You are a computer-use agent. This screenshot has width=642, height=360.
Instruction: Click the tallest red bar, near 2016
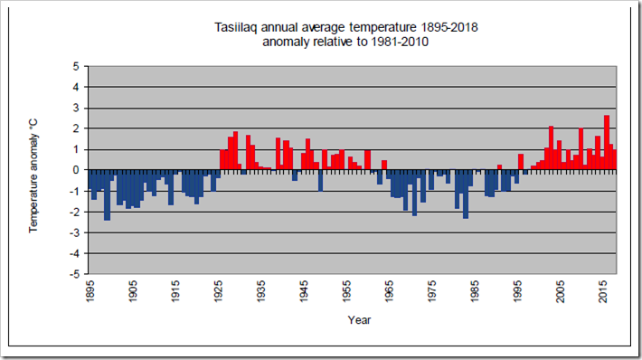[x=607, y=143]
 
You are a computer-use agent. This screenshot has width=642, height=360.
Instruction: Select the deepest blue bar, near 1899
[x=107, y=195]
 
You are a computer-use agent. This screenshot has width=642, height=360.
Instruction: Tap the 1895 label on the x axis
[x=90, y=290]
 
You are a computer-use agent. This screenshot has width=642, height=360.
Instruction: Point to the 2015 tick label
[x=603, y=290]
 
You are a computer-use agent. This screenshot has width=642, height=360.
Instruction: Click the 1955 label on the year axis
[x=346, y=290]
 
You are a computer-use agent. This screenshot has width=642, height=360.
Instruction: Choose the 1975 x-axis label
[x=432, y=290]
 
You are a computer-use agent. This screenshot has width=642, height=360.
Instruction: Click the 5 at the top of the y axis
[x=76, y=66]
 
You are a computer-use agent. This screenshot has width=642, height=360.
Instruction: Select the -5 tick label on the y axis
[x=74, y=274]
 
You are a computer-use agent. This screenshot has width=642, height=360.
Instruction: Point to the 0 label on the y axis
[x=76, y=170]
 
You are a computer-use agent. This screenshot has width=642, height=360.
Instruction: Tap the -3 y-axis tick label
[x=74, y=232]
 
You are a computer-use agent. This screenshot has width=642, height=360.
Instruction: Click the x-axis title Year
[x=359, y=320]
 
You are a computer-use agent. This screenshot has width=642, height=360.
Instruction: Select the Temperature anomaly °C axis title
[x=33, y=176]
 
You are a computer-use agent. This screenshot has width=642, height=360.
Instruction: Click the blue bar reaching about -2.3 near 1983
[x=466, y=194]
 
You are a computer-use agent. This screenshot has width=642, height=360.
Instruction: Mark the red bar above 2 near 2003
[x=551, y=147]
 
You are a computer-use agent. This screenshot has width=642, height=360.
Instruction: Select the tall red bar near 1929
[x=235, y=151]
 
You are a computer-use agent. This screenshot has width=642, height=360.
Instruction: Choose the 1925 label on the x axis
[x=218, y=290]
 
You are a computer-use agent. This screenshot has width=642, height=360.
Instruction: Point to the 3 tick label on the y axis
[x=76, y=109]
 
